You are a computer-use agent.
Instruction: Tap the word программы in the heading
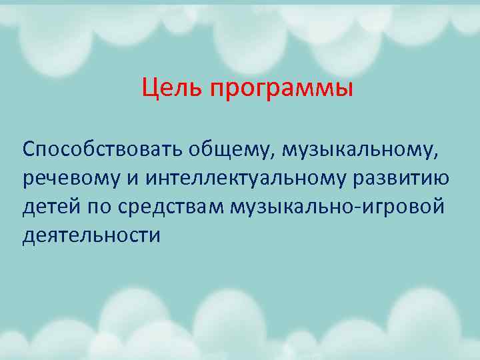(281, 89)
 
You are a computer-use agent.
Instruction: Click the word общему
(229, 151)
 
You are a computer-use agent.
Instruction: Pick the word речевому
(63, 179)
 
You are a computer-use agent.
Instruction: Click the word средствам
(173, 207)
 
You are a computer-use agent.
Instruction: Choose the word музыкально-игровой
(337, 207)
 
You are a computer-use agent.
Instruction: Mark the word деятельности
(91, 235)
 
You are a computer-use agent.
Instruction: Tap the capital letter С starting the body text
(28, 149)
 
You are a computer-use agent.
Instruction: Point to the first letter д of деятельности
(28, 237)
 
